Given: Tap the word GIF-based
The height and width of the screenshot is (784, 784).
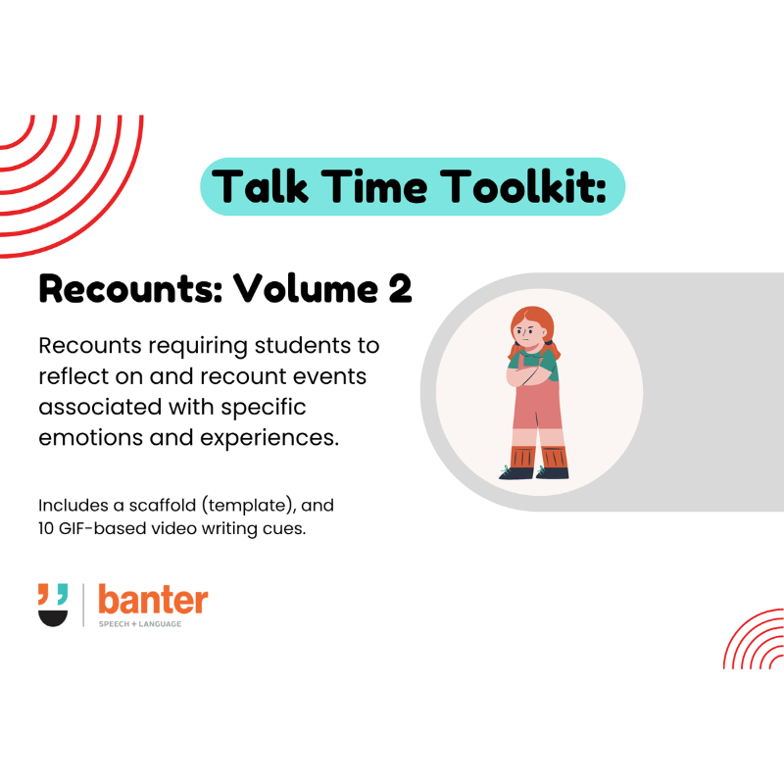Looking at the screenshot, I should [105, 531].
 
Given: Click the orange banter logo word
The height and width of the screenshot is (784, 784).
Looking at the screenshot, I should [153, 600].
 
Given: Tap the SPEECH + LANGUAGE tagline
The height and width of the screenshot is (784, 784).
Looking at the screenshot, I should [139, 623].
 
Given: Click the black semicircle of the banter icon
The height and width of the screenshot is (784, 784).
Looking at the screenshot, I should [53, 617].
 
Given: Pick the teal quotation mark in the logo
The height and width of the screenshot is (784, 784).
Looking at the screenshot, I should [62, 592].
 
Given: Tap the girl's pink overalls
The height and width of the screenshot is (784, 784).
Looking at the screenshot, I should [538, 412].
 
